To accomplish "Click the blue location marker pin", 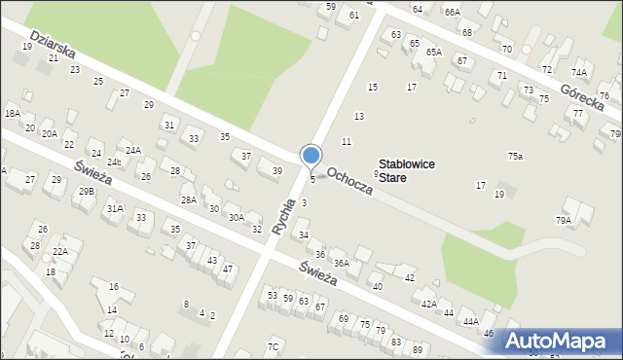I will point(311,157).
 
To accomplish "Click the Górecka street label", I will point(584,100).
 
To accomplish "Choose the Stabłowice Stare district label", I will point(407,171).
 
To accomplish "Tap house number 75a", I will point(515,157).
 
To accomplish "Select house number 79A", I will point(564,221).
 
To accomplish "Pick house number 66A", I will point(452,12).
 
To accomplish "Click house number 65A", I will point(433,52).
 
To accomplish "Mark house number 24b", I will point(114,162).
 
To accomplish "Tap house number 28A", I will point(188,199).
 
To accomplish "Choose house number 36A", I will point(341,263).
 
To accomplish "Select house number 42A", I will point(428,305).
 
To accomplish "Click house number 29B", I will point(87,192).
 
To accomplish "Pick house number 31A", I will point(115,208).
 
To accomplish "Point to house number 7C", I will point(274,346).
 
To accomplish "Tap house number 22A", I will point(60,251).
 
